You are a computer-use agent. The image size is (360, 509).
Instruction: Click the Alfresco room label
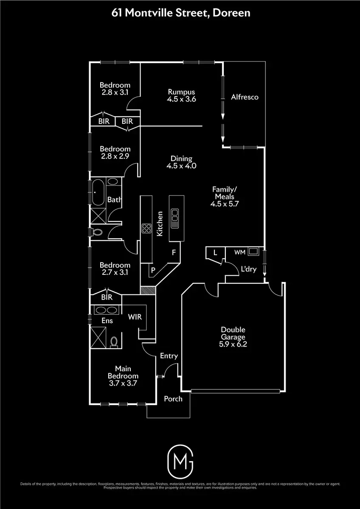pyautogui.click(x=245, y=97)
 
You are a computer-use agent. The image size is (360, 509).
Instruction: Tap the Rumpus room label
pyautogui.click(x=181, y=92)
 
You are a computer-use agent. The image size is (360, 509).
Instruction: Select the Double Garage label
pyautogui.click(x=233, y=330)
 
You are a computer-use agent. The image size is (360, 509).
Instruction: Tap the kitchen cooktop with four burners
pyautogui.click(x=147, y=229)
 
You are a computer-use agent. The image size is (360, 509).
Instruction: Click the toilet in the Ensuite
pyautogui.click(x=114, y=341)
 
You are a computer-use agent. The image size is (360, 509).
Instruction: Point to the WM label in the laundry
pyautogui.click(x=240, y=252)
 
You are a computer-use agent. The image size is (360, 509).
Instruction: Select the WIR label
pyautogui.click(x=135, y=317)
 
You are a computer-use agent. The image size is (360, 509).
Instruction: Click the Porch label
pyautogui.click(x=173, y=399)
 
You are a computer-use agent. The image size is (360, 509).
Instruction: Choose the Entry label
pyautogui.click(x=169, y=356)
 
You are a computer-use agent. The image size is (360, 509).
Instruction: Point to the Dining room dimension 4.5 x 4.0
pyautogui.click(x=181, y=166)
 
